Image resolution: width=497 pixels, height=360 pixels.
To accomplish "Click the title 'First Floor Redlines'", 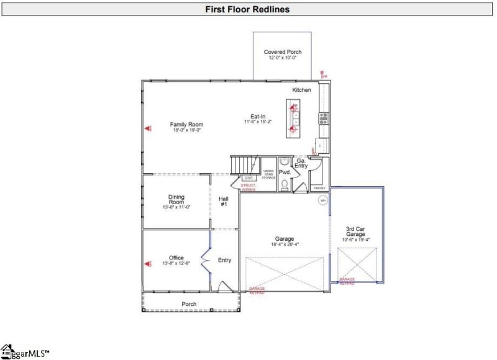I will click(x=248, y=9).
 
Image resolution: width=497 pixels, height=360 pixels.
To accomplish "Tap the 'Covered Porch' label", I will click(x=282, y=52).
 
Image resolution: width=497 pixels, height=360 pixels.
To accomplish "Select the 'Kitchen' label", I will click(x=302, y=90).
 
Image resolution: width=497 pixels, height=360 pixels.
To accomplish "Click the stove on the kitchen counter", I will click(x=324, y=118).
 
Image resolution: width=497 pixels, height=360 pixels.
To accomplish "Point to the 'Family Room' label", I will click(x=186, y=125).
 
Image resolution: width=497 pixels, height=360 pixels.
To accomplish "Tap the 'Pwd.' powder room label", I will click(x=285, y=172).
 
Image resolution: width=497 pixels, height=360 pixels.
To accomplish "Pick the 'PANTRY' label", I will click(x=319, y=187).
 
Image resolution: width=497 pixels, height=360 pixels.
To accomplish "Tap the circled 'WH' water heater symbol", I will click(x=323, y=200).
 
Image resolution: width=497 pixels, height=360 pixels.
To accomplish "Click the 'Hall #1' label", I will click(x=224, y=202).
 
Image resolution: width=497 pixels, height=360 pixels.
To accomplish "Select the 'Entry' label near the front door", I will click(x=224, y=260).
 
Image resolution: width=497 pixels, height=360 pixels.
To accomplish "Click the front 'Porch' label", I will click(x=189, y=304).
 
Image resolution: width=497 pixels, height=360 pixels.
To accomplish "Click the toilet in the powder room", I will click(x=284, y=184).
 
